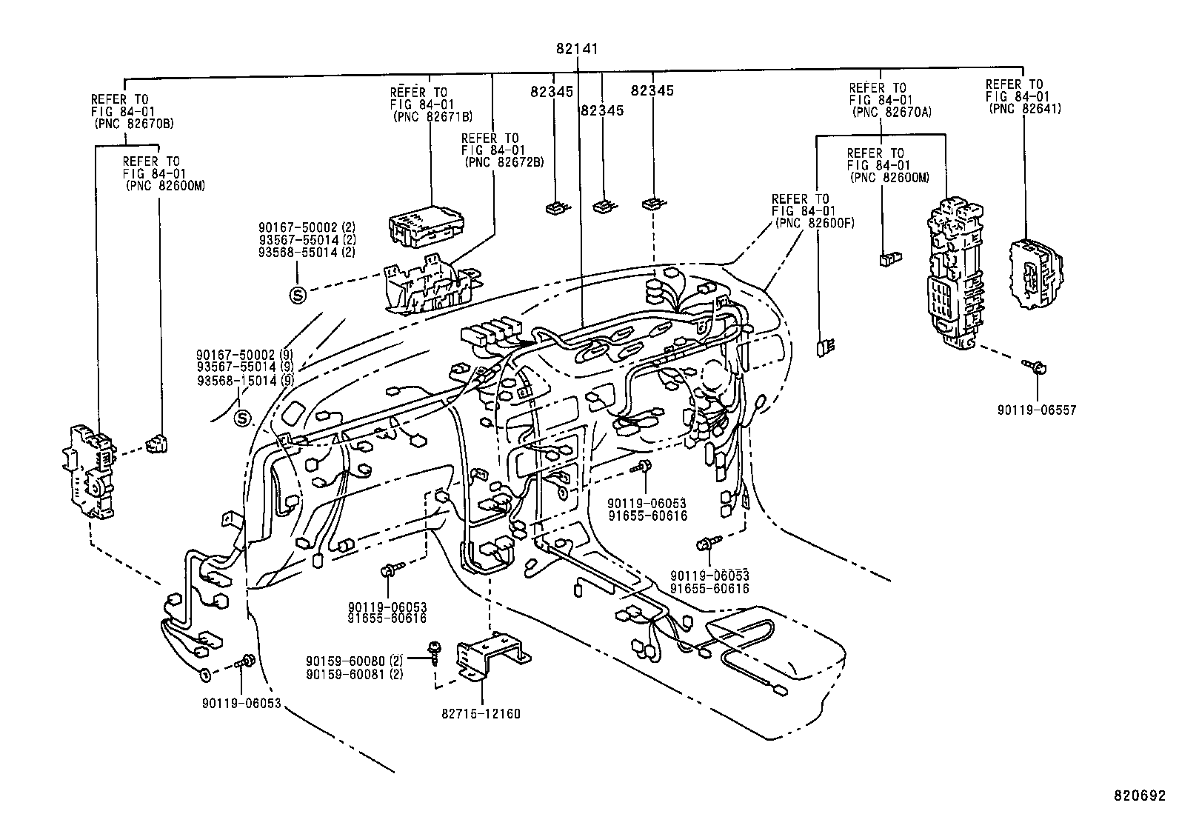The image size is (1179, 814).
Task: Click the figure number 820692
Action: (1140, 797)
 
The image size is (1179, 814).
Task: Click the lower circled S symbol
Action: (242, 420)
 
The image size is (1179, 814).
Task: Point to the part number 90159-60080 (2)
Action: (354, 661)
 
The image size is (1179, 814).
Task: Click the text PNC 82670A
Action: (892, 112)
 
